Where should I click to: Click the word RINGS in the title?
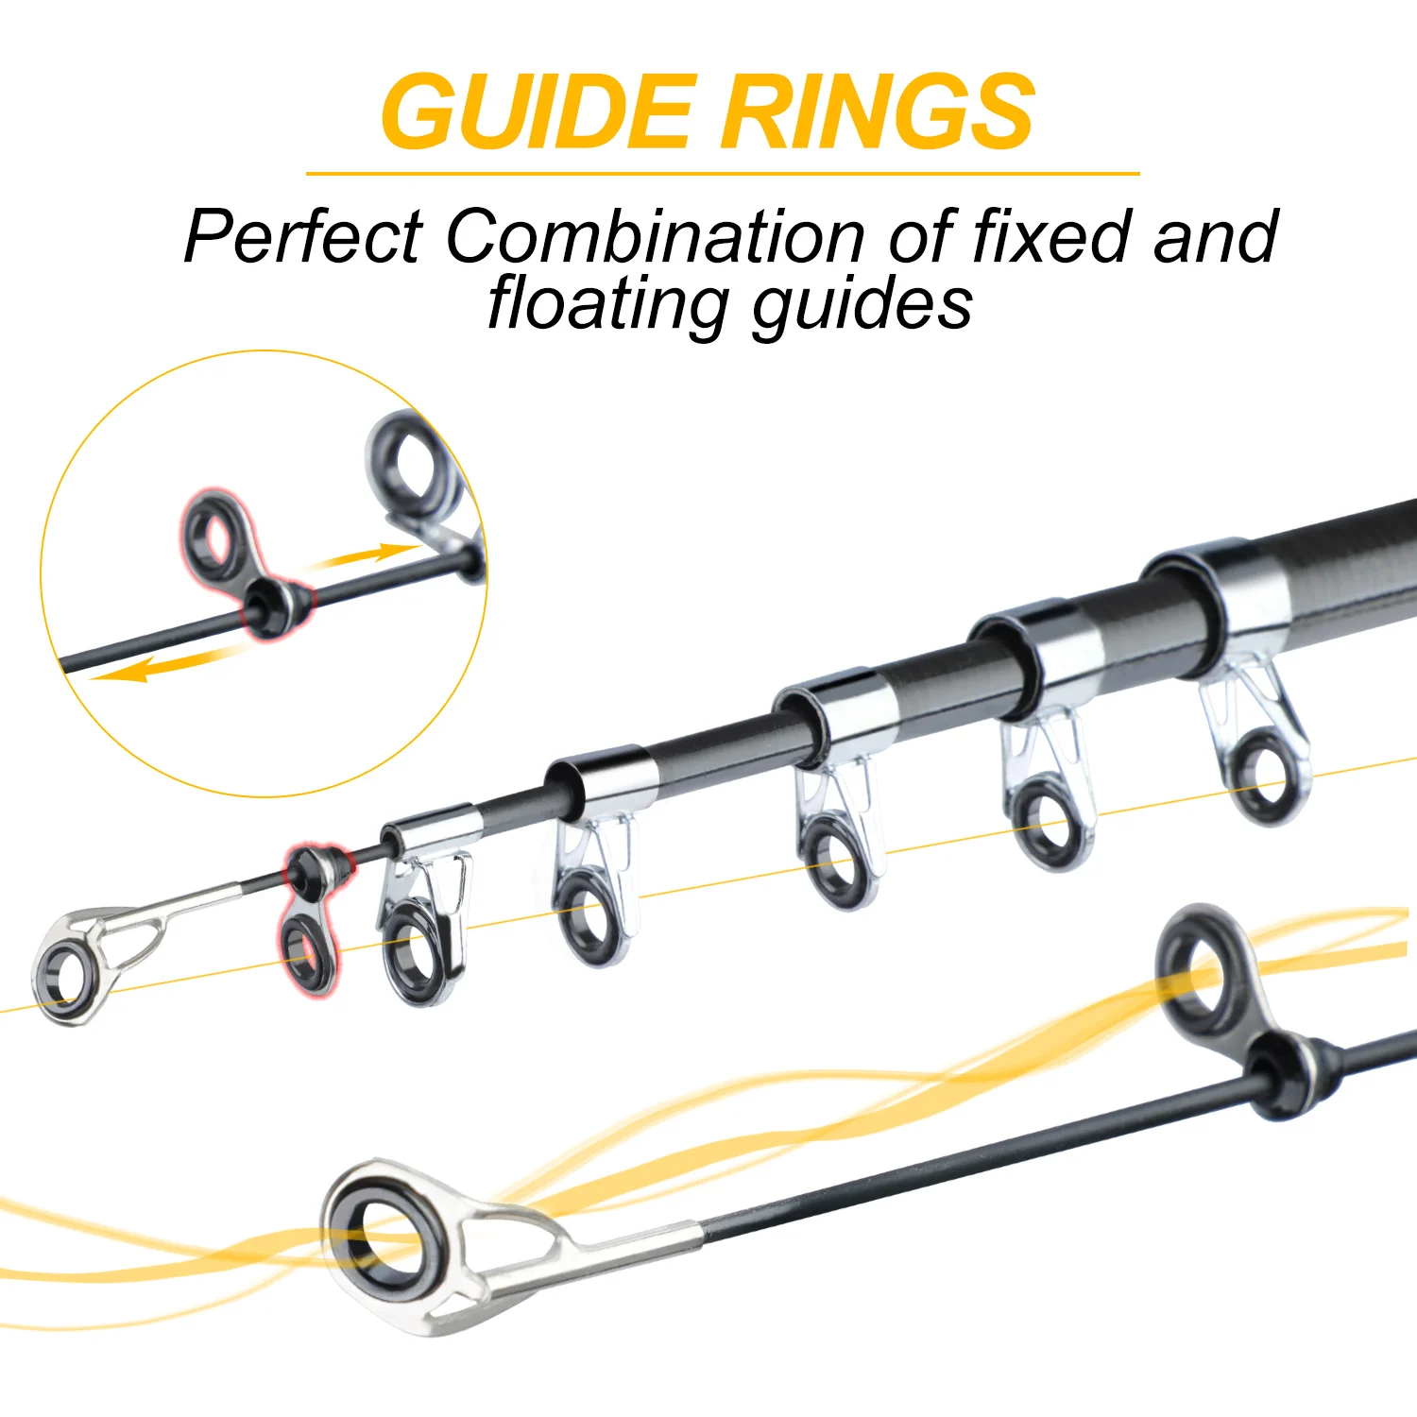coord(879,111)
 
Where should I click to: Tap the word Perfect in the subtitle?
coord(303,236)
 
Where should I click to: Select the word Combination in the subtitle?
coord(655,236)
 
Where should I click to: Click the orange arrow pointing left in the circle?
coord(161,665)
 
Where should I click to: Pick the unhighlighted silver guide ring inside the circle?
coord(412,468)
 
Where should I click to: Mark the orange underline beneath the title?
coord(723,174)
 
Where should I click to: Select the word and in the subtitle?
coord(1215,236)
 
